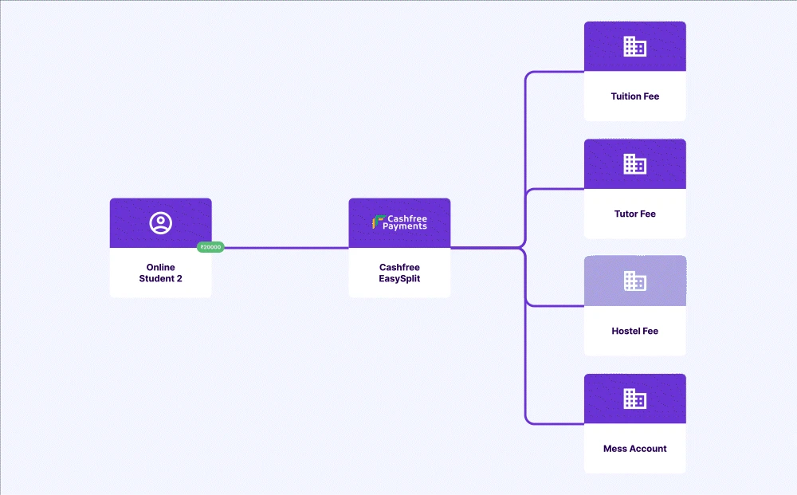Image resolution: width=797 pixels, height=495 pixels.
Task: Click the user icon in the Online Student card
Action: (161, 223)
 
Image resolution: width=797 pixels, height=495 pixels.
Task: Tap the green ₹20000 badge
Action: (210, 247)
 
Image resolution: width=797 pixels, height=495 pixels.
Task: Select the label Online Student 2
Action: (161, 273)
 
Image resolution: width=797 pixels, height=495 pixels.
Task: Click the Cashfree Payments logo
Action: (400, 222)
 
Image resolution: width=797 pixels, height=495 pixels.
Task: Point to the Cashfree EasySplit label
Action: (399, 273)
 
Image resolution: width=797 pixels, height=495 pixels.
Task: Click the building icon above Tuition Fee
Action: (635, 46)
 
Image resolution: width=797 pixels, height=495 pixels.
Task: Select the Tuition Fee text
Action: (635, 96)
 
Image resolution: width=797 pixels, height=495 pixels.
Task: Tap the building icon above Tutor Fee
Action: (635, 164)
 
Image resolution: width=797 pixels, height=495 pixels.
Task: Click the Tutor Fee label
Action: (635, 214)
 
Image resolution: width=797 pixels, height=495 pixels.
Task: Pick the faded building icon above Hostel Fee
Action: (635, 281)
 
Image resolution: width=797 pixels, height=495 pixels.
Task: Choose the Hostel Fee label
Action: (635, 331)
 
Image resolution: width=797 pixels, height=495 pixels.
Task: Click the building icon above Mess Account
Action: (635, 399)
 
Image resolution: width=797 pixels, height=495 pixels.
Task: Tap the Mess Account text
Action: (635, 449)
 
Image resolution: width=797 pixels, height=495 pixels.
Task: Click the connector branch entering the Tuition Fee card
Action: (558, 72)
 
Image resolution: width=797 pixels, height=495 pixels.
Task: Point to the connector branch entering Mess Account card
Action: (558, 423)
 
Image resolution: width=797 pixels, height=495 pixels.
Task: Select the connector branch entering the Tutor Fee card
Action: (558, 190)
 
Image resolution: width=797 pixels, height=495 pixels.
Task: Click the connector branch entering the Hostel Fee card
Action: (558, 306)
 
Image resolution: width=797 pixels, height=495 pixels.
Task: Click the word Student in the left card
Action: (155, 278)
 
